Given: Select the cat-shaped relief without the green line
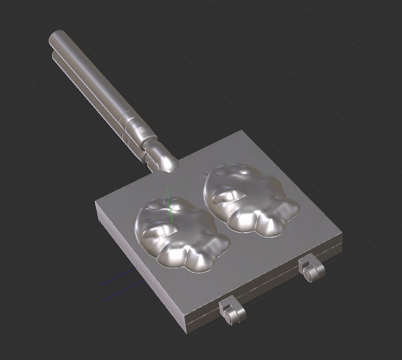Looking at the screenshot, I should point(248,201).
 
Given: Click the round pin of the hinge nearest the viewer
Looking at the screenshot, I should point(229,317).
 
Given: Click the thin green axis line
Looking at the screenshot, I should point(169,201).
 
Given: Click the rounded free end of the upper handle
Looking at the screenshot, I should point(56,37).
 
